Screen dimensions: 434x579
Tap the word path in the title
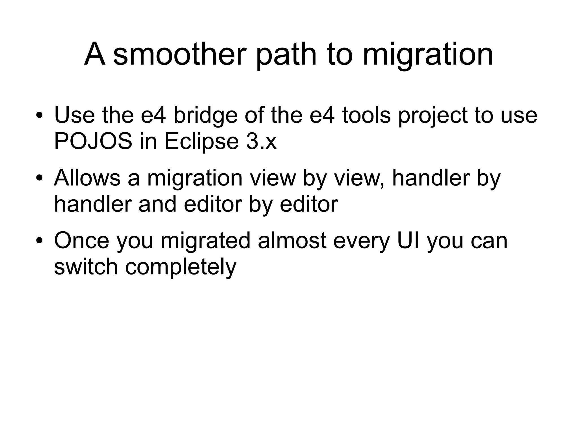286,54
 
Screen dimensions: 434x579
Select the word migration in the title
428,54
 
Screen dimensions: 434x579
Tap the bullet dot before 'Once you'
39,241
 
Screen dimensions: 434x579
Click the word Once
82,241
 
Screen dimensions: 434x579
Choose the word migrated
206,241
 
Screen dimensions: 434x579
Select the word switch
86,267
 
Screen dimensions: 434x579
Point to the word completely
181,267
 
